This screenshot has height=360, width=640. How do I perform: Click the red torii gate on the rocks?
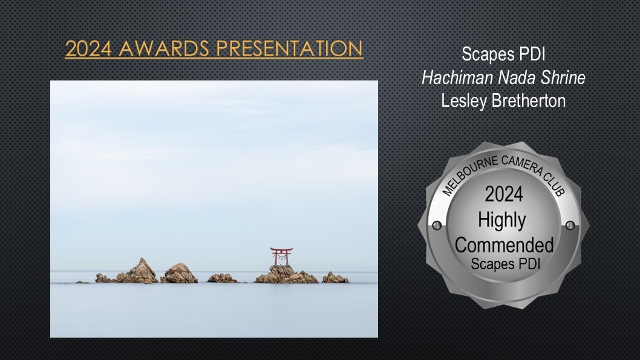tap(281, 256)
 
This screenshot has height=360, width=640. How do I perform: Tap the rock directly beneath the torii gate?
tap(286, 275)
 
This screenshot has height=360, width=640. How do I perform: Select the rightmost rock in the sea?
tap(335, 278)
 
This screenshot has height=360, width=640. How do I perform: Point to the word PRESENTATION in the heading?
tap(289, 48)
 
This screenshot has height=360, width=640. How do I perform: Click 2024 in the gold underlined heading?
tap(88, 48)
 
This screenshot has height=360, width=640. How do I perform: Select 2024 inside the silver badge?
tap(504, 194)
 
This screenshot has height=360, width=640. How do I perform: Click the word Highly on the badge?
tap(502, 220)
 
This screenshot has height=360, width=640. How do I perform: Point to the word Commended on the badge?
tap(504, 245)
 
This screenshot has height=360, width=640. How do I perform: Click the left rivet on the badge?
tap(436, 225)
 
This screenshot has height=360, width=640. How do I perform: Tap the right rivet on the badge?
tap(570, 225)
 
